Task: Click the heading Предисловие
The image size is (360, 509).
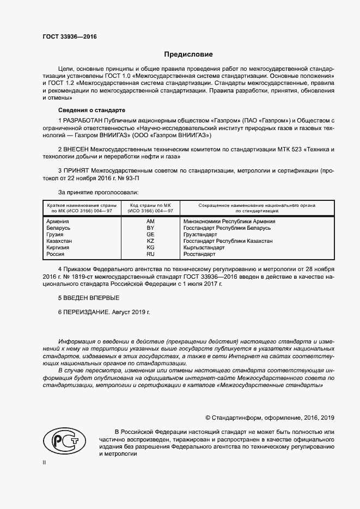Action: pos(189,54)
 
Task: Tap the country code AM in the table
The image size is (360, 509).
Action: pos(150,222)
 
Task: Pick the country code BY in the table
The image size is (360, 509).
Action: pos(150,228)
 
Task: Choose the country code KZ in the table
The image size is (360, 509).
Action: pos(150,241)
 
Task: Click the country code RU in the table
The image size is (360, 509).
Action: pos(150,254)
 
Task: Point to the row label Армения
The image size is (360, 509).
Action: pos(58,222)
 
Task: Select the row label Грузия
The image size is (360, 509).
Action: pos(56,235)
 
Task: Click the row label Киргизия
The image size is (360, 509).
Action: pos(58,248)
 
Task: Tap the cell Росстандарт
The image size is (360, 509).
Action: pos(199,254)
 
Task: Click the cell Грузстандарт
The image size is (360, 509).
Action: pos(200,235)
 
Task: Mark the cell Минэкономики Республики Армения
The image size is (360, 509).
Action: pos(229,222)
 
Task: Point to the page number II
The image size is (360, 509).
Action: pos(45,463)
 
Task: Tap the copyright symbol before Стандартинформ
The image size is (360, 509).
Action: pos(208,418)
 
